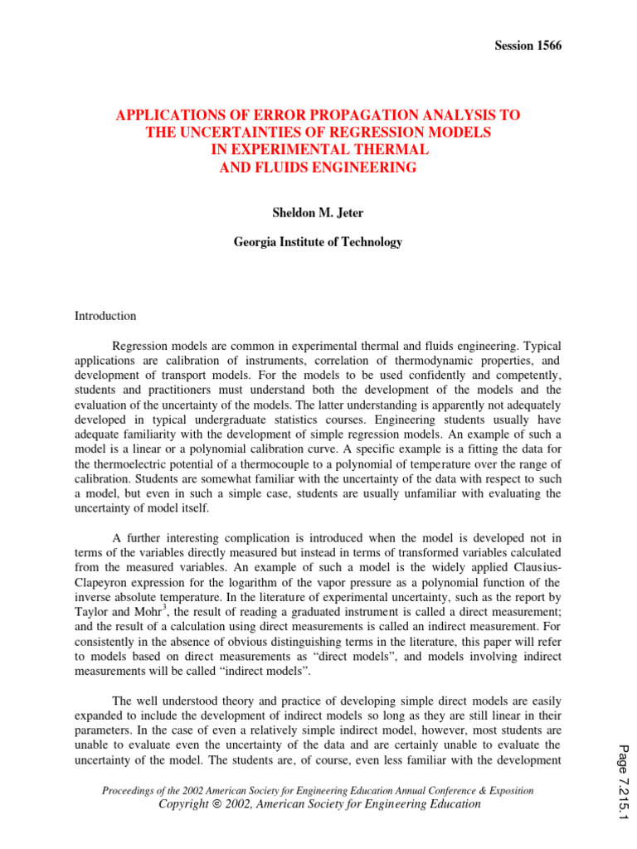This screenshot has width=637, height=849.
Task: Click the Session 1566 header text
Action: pyautogui.click(x=528, y=46)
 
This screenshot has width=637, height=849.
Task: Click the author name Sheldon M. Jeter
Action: pyautogui.click(x=318, y=212)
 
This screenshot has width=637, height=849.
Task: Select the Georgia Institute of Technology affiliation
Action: pyautogui.click(x=318, y=242)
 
